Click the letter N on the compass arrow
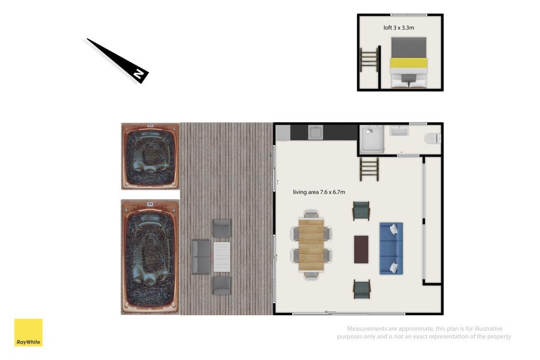(139, 74)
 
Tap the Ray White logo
(28, 333)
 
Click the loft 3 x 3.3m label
(399, 27)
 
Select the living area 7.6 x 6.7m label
(319, 192)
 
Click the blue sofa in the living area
(391, 248)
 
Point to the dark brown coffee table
(361, 249)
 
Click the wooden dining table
(311, 245)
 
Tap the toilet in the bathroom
(432, 138)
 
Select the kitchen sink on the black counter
(315, 132)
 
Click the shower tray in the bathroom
(372, 139)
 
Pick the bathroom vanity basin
(399, 131)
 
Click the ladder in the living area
(369, 169)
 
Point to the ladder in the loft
(369, 60)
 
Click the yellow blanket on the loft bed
(409, 63)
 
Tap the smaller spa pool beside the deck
(150, 156)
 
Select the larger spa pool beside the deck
(150, 257)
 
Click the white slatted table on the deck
(222, 257)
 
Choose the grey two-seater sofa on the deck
(201, 257)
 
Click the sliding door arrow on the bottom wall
(331, 312)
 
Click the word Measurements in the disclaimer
(368, 329)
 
